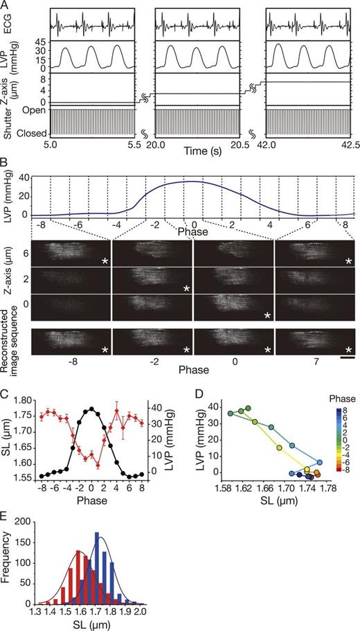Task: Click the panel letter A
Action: [5, 6]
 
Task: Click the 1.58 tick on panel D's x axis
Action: [223, 488]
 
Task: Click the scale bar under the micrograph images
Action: [348, 359]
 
